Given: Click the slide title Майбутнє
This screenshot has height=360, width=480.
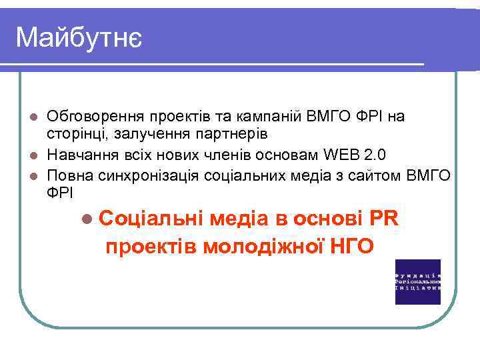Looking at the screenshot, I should click(78, 38).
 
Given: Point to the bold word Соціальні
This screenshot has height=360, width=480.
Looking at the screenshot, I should click(153, 219).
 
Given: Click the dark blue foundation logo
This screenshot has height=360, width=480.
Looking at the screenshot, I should click(418, 281).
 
